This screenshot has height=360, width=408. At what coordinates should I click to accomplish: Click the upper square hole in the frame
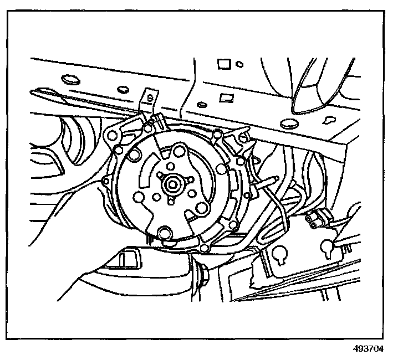pos(223,64)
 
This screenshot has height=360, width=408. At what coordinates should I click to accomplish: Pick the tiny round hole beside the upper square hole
pos(239,64)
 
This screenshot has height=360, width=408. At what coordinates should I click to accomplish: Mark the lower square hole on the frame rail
pos(225,99)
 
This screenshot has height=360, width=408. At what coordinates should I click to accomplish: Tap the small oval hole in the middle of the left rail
pos(121,89)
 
